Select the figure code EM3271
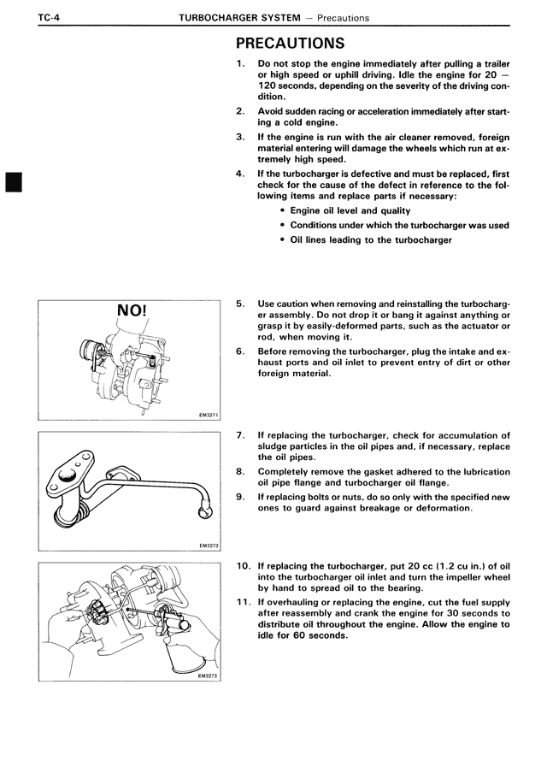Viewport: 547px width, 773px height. (208, 416)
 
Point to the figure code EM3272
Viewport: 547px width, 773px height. (208, 544)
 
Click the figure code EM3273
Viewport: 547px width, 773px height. (208, 675)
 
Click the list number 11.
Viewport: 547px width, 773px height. (243, 602)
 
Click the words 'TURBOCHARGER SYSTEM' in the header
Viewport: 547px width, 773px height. (242, 17)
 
